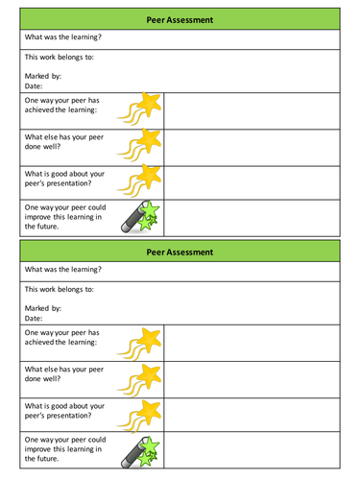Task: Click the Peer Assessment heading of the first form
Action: click(180, 18)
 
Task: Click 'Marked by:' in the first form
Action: click(43, 75)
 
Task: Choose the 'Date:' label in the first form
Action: click(34, 84)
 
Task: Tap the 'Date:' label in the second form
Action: click(34, 318)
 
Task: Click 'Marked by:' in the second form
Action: click(43, 308)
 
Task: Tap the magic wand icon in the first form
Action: click(141, 217)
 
